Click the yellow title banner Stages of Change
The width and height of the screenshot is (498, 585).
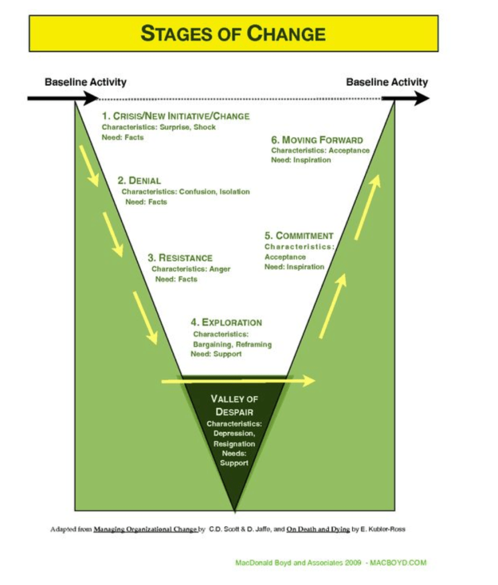click(x=233, y=33)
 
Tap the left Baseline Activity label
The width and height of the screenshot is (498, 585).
click(x=85, y=82)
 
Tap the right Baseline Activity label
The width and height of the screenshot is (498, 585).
click(x=387, y=82)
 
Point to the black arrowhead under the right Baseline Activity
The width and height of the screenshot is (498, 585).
click(x=420, y=99)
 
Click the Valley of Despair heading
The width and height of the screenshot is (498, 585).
click(x=234, y=405)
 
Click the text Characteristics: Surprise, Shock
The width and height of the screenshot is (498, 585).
click(x=158, y=127)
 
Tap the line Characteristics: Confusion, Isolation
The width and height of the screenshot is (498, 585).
click(x=185, y=192)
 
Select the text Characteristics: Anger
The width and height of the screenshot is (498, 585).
click(x=190, y=269)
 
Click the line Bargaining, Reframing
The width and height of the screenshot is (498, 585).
click(x=232, y=344)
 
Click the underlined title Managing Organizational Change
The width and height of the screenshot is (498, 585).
click(x=145, y=529)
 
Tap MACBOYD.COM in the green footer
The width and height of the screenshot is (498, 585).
click(x=399, y=563)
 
